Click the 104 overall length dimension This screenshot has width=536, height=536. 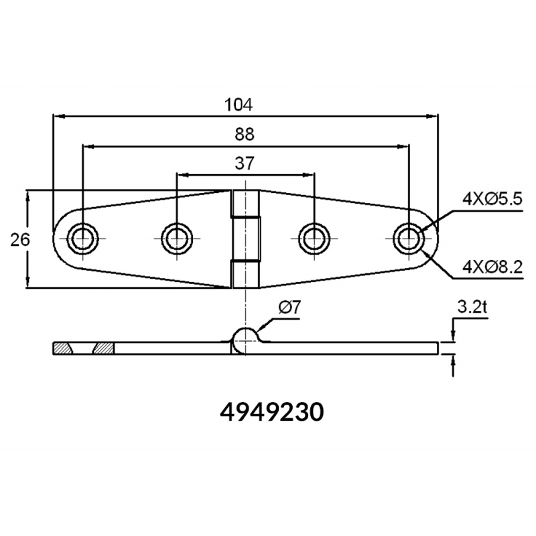point(239,105)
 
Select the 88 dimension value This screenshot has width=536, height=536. point(245,135)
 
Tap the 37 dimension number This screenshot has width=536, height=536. point(245,163)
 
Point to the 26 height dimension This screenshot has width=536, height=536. point(20,240)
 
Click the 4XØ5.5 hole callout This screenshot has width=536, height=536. point(492,198)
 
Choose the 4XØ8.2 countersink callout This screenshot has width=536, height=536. point(492,267)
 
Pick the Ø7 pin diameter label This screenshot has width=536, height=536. point(289,308)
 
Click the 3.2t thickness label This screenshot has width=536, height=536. point(472,308)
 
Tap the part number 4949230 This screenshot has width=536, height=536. point(272,412)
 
